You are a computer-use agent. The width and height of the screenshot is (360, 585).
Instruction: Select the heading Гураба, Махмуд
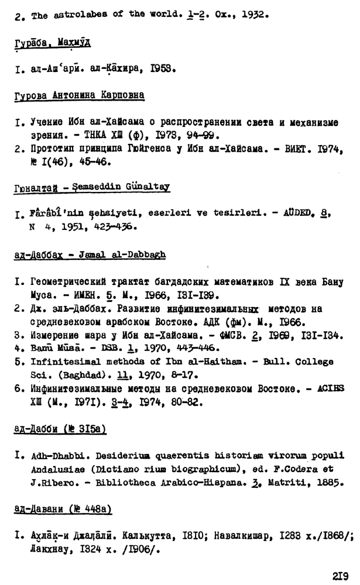tap(53, 44)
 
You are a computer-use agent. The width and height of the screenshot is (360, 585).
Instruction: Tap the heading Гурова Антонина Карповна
tap(80, 94)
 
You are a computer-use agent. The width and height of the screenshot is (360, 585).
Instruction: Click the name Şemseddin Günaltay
tap(126, 187)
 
